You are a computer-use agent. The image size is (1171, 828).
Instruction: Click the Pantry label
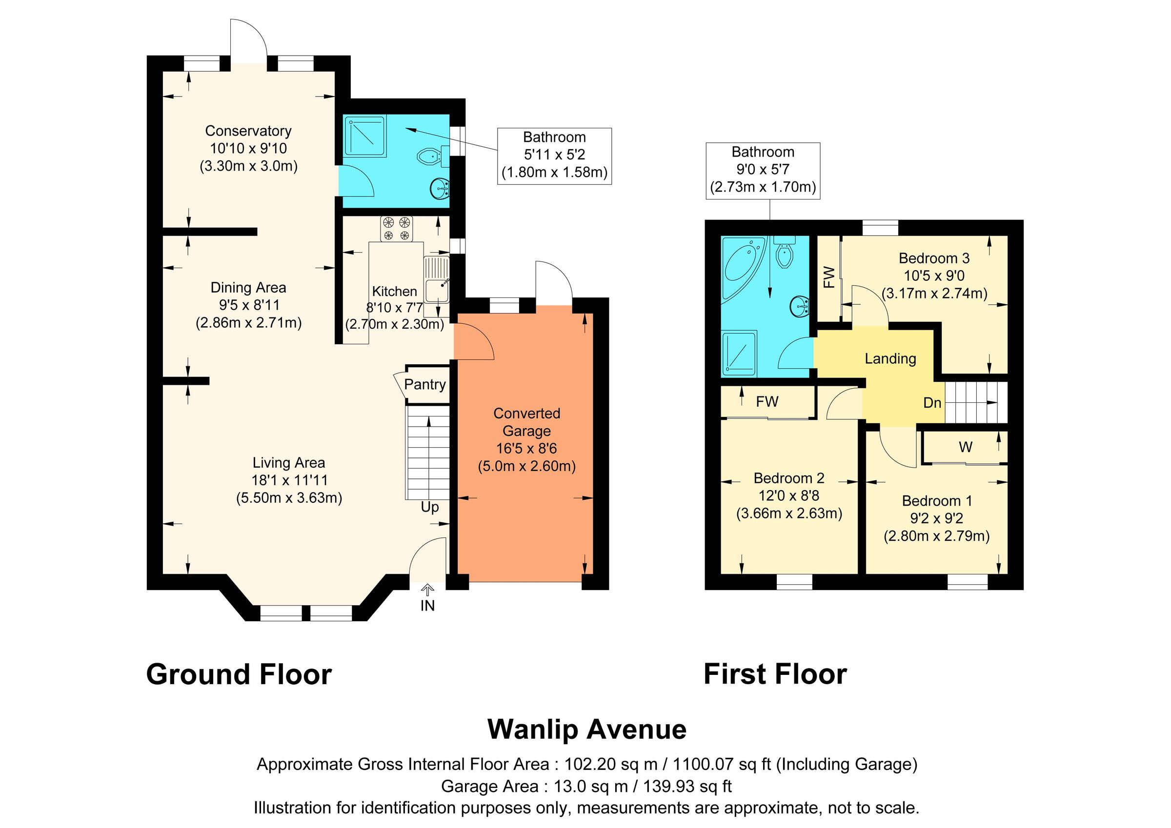(424, 384)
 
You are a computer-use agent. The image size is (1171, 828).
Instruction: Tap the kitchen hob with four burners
(396, 228)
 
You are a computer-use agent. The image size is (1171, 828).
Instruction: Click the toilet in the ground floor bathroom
(428, 156)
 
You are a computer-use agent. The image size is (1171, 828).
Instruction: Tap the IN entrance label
(427, 606)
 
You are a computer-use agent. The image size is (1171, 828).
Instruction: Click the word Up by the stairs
(429, 507)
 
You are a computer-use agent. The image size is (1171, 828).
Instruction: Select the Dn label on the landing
(932, 403)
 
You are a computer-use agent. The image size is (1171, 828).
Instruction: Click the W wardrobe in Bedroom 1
(966, 447)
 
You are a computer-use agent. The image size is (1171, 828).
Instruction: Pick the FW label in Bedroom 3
(829, 277)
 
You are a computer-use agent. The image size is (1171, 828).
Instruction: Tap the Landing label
(890, 359)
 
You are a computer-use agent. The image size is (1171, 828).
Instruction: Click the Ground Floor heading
(239, 674)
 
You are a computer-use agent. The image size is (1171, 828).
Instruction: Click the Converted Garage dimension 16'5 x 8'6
(526, 449)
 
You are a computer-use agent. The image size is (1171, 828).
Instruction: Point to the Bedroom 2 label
(788, 478)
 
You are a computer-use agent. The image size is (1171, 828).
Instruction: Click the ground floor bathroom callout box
(554, 156)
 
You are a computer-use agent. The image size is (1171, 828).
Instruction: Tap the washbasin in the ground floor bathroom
(440, 190)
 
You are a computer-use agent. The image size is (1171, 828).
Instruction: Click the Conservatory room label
(248, 131)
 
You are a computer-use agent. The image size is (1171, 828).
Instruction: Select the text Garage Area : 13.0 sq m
(534, 786)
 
